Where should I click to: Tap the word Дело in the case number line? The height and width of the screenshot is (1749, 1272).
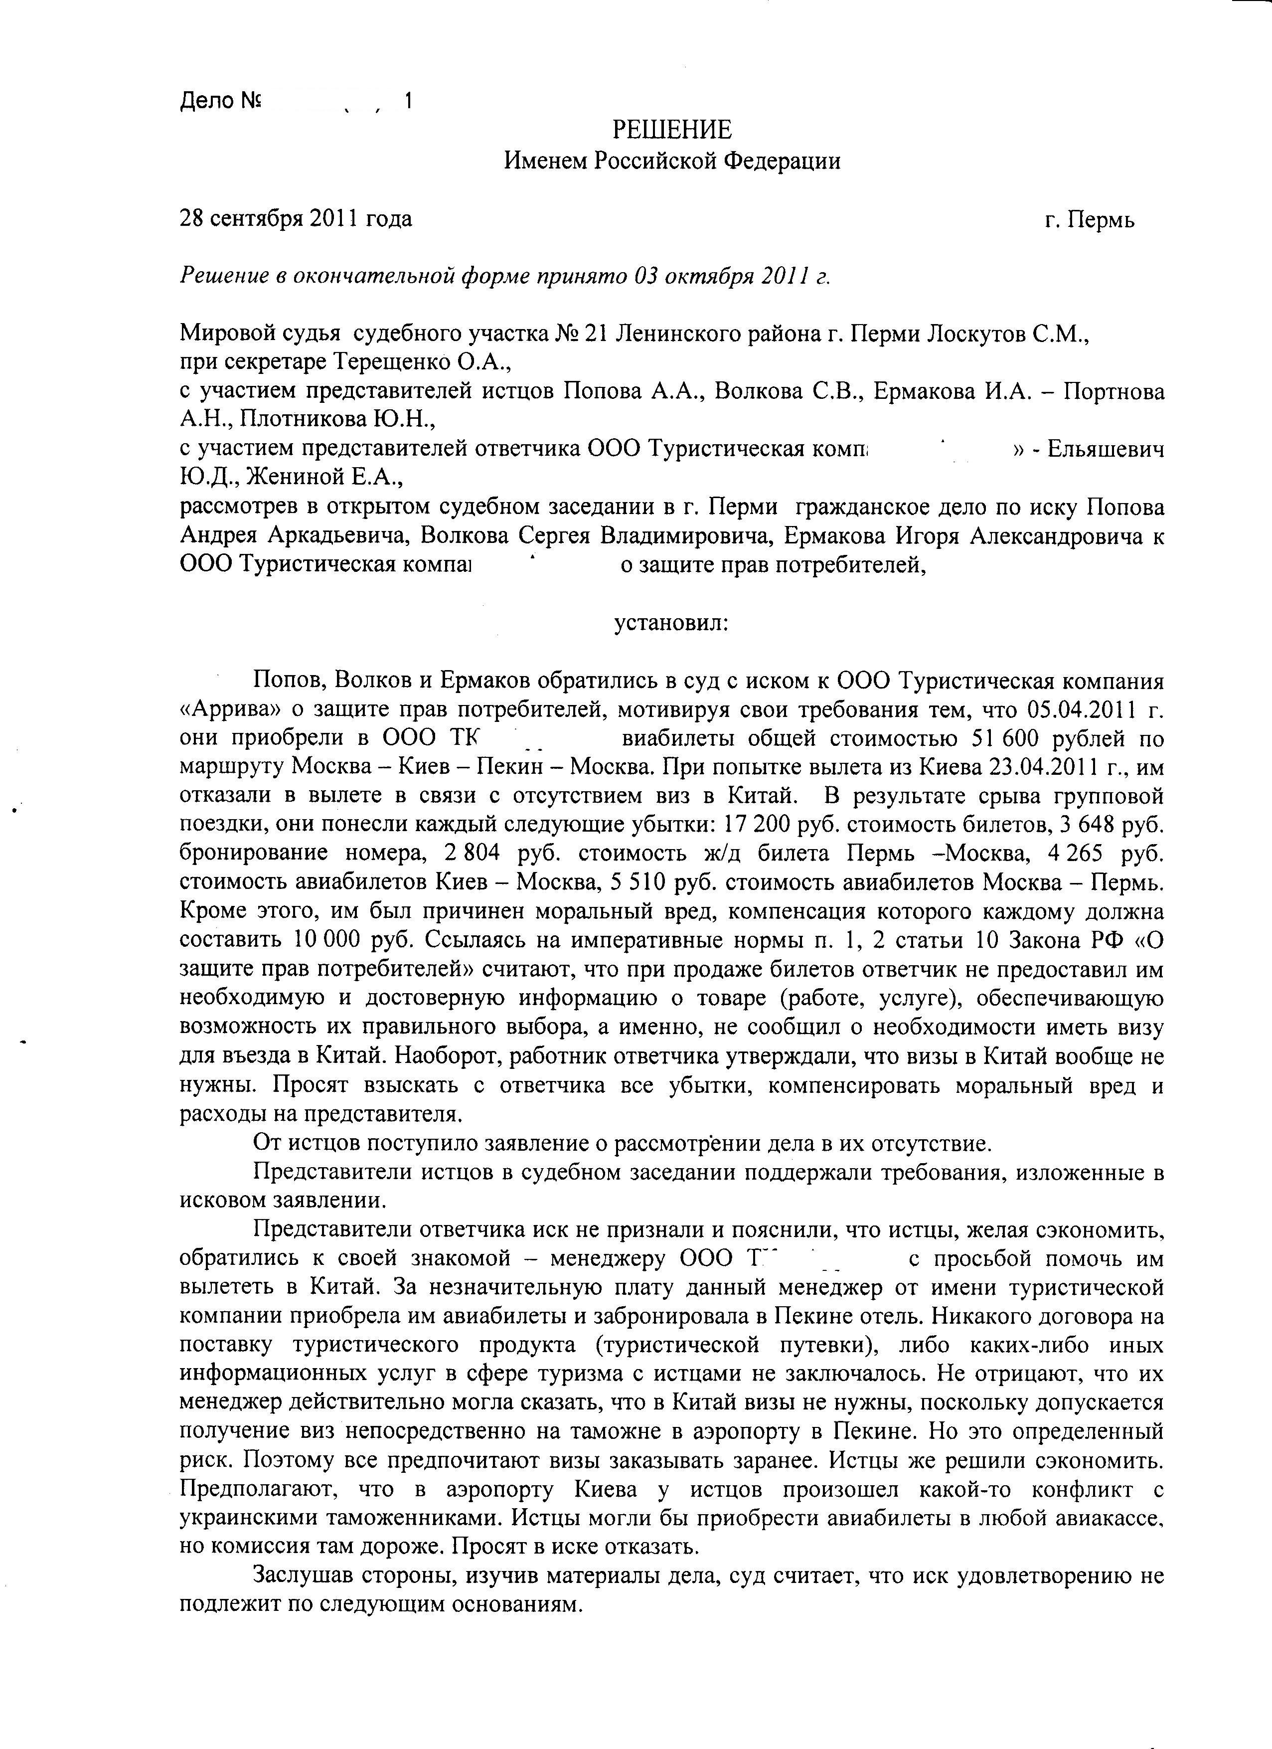click(x=207, y=101)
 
